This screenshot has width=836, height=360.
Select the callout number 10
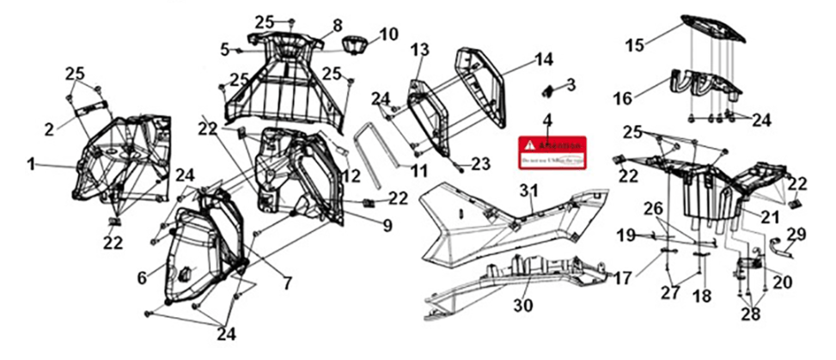[388, 34]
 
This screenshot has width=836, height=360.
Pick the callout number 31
[531, 189]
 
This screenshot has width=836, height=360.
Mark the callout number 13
[419, 51]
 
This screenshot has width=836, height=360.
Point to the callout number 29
[796, 234]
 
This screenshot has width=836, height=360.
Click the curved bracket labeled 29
[784, 248]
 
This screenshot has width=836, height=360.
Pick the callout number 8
[337, 25]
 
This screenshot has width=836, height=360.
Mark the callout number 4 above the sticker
[546, 119]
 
